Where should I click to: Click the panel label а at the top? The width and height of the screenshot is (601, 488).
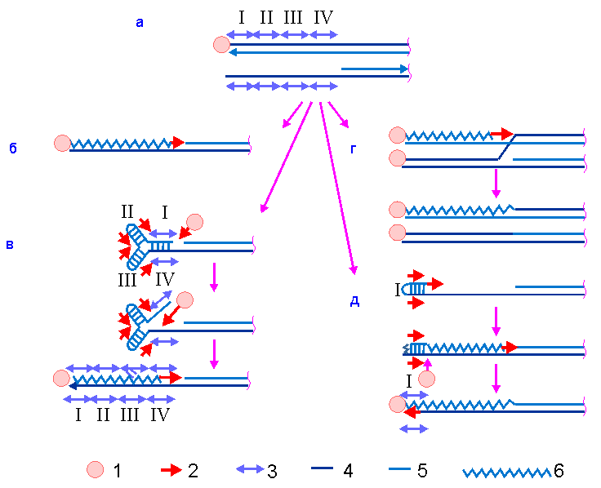pos(139,24)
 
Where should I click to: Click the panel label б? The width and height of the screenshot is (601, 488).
pos(13,149)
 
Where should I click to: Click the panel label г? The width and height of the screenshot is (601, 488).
pos(353,149)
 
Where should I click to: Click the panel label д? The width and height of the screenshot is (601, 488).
pos(354,300)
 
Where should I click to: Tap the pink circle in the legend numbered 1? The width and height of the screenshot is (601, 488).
pos(96,470)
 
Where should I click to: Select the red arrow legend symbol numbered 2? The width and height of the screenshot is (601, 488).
pos(170,470)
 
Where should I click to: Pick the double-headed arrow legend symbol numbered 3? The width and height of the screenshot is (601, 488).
pos(252,470)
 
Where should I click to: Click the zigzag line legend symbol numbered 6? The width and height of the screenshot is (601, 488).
pos(506,472)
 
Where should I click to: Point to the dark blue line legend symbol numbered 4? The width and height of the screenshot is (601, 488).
pos(326,470)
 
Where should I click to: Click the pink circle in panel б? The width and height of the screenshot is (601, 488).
pos(62,144)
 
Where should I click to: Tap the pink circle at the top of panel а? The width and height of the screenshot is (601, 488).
pos(220,45)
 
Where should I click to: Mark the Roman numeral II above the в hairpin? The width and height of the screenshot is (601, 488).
pos(127,211)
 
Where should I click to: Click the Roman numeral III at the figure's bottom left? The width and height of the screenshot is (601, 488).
pos(130,415)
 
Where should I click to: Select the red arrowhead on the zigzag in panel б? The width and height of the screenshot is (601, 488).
pos(178,143)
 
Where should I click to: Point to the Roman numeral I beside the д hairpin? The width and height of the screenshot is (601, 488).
pos(398,290)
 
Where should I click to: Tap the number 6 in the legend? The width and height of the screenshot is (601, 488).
pos(559,470)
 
